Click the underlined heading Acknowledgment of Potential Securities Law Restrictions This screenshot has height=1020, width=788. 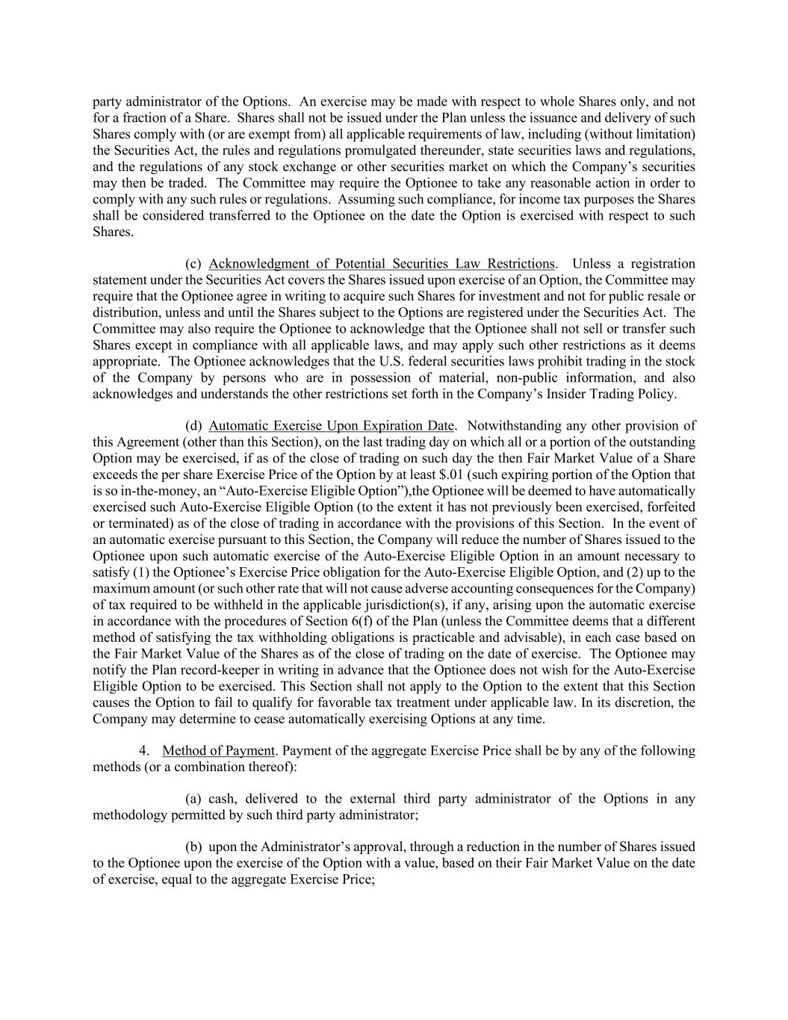(x=382, y=264)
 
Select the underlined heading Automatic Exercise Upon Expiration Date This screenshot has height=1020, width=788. (x=332, y=426)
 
